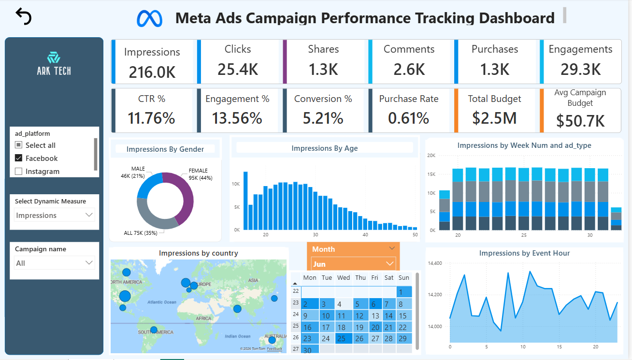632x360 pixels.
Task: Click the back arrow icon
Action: click(23, 16)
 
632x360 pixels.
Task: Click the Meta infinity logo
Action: click(149, 18)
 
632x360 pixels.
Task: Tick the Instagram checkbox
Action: click(19, 171)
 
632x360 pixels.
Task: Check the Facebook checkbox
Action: click(19, 158)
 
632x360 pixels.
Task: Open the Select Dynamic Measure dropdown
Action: click(54, 215)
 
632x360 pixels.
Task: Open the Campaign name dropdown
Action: click(54, 263)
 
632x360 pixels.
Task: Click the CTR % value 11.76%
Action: click(151, 118)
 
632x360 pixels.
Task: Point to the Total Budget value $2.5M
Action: click(494, 118)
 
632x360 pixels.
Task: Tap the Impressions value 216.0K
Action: click(152, 72)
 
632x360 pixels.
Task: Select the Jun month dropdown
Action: click(353, 264)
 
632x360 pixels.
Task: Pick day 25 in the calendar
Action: click(342, 339)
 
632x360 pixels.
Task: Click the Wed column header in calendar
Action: click(344, 277)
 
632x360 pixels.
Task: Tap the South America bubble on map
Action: click(154, 330)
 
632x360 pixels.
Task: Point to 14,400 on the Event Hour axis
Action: click(435, 263)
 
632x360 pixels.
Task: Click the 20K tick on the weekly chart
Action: click(431, 156)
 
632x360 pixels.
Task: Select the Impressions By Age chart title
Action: click(324, 148)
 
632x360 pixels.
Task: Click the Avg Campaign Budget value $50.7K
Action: click(580, 120)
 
